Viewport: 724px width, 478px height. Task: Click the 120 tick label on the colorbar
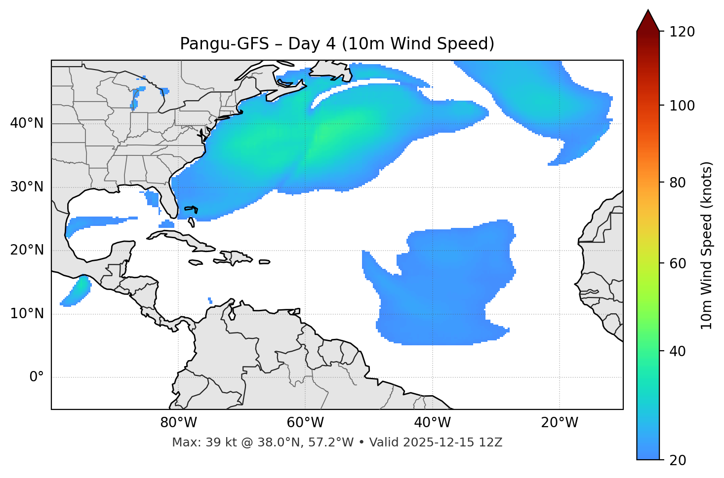[682, 32]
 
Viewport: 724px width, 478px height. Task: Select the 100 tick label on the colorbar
[682, 106]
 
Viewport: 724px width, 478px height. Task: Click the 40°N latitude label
[27, 123]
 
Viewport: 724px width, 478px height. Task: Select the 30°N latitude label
[27, 187]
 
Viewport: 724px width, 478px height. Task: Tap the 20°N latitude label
[27, 250]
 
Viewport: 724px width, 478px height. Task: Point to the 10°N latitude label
[27, 314]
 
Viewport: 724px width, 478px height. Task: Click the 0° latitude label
[37, 377]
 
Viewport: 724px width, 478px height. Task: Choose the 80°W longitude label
[178, 423]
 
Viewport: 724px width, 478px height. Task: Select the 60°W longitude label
[305, 423]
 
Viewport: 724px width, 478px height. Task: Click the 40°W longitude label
[433, 423]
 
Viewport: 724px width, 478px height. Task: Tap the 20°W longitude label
[560, 423]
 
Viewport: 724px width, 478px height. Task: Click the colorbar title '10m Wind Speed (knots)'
[707, 246]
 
